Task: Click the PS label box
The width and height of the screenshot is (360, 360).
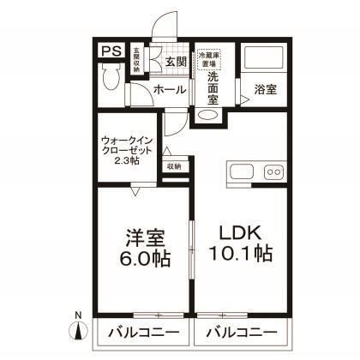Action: [x=110, y=51]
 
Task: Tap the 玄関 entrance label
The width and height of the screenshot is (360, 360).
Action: [x=176, y=62]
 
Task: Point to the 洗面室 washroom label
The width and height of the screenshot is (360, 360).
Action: [x=213, y=88]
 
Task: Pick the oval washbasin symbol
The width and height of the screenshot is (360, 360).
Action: [x=208, y=116]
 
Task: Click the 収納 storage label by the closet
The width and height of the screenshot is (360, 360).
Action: [x=174, y=166]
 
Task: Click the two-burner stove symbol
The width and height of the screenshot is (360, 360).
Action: [x=274, y=171]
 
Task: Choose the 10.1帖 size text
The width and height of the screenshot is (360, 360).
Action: [x=241, y=255]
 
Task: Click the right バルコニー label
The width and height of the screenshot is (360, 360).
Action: [x=241, y=332]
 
